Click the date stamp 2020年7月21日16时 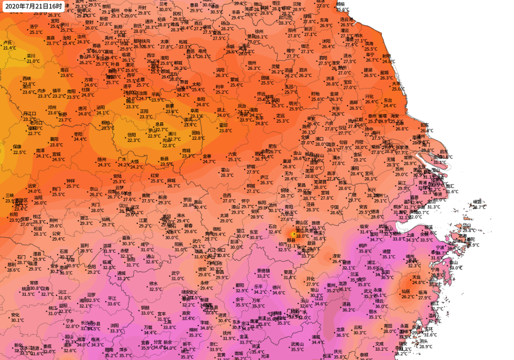(x=33, y=7)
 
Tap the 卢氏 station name (x=7, y=43)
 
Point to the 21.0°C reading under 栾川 (x=33, y=61)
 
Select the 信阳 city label (x=132, y=135)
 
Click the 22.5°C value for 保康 (x=20, y=152)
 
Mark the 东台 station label (x=388, y=100)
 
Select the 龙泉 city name (x=340, y=330)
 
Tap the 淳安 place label (x=337, y=256)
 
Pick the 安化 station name (x=15, y=315)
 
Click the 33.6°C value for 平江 (x=113, y=304)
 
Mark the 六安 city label (x=233, y=154)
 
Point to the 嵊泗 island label (x=477, y=201)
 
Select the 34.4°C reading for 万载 (x=150, y=332)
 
